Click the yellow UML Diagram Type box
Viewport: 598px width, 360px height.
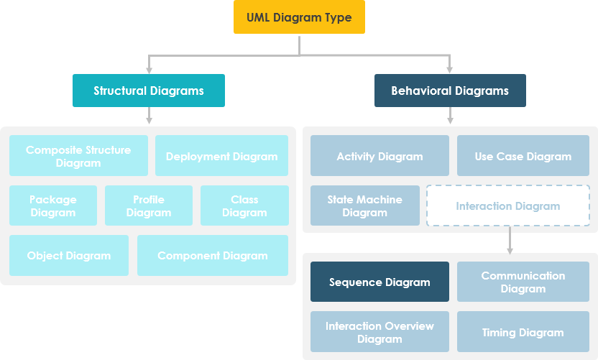[299, 17]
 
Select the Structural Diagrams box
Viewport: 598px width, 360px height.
[149, 91]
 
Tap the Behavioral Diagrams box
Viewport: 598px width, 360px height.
[450, 91]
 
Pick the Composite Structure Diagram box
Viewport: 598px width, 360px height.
[78, 156]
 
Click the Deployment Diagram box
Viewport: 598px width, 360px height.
[221, 156]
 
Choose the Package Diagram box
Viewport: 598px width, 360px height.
[53, 206]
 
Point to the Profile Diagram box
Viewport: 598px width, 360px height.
[149, 206]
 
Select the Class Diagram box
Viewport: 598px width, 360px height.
[244, 206]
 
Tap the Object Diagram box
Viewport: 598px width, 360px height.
[69, 255]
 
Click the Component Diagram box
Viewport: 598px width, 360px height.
[213, 255]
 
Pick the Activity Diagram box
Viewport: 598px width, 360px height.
[379, 156]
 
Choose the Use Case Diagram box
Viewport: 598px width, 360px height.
[523, 156]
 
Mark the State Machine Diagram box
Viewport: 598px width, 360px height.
[365, 206]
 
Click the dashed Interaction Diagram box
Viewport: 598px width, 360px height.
[507, 206]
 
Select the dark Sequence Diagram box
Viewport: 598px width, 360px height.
[379, 282]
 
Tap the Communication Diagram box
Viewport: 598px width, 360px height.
[523, 282]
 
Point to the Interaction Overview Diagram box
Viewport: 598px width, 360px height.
[379, 331]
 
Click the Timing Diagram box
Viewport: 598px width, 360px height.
[523, 331]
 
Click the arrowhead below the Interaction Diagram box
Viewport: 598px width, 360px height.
[510, 249]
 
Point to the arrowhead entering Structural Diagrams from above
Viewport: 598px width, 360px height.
[149, 70]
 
